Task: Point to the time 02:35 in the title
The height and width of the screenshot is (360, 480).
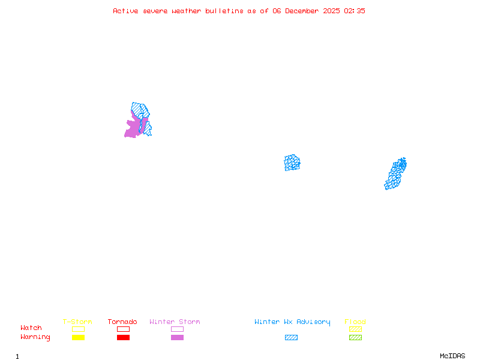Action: [x=354, y=11]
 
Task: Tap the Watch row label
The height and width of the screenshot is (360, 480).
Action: [x=31, y=328]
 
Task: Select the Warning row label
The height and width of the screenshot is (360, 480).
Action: [x=35, y=337]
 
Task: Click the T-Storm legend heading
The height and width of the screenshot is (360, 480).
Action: [x=77, y=322]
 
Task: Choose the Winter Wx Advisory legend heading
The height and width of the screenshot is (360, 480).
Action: [x=292, y=322]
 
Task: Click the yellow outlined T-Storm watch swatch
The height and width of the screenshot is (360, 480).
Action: [x=78, y=329]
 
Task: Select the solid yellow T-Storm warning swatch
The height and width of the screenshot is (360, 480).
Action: [x=78, y=337]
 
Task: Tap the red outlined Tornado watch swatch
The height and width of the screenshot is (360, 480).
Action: [x=123, y=329]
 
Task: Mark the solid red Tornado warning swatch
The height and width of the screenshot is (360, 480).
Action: [x=123, y=337]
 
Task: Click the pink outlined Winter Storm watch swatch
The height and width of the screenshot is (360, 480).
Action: [x=177, y=329]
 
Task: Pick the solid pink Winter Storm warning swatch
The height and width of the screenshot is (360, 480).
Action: [x=177, y=337]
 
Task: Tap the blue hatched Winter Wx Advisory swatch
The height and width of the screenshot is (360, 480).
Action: [x=291, y=337]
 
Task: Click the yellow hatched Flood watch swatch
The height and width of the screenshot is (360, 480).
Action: [x=355, y=329]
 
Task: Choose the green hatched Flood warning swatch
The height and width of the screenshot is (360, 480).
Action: [x=355, y=337]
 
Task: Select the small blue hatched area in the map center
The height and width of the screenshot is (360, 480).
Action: [x=292, y=163]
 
